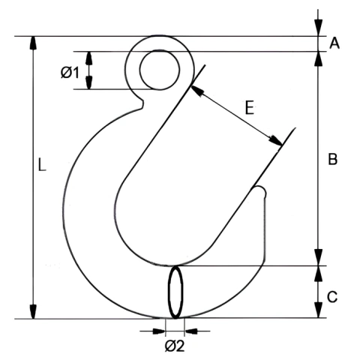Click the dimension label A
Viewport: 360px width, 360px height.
point(334,43)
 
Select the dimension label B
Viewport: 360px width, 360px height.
point(333,159)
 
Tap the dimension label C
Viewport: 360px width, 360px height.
point(332,297)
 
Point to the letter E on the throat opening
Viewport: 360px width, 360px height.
point(249,108)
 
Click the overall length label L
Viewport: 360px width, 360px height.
point(42,165)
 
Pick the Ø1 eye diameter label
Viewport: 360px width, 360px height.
point(70,73)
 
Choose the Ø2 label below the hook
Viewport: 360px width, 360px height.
point(175,346)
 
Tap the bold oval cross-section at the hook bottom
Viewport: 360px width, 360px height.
point(175,292)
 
